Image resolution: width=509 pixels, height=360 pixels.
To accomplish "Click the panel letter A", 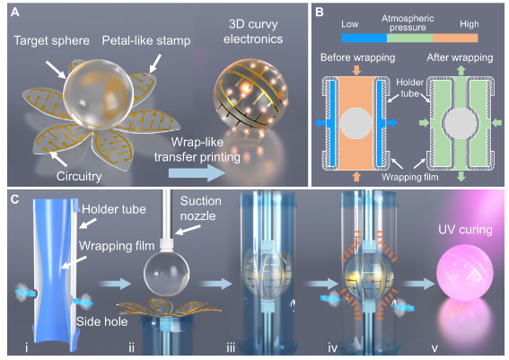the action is (15, 13).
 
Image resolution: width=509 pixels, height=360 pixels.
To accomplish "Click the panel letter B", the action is (320, 12).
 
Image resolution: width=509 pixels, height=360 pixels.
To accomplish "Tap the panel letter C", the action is (15, 199).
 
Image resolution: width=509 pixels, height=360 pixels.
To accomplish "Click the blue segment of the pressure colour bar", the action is (364, 39).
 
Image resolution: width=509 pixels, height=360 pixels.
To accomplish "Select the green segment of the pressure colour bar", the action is (409, 39).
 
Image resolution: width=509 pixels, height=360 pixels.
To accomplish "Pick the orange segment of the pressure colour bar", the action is (455, 39).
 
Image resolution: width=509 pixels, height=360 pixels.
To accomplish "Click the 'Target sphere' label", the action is (51, 41).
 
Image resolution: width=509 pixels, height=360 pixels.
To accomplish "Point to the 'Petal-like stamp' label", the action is (146, 41).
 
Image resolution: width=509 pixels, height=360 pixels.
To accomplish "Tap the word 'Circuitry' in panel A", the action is (79, 176).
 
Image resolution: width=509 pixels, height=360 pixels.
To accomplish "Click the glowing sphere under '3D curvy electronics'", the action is (250, 95).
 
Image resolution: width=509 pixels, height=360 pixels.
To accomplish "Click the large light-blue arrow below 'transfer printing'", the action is (197, 173).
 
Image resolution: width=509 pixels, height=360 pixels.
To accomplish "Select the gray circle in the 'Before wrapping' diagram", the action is (356, 124).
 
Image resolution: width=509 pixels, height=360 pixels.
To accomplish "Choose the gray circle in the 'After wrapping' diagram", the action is (461, 123).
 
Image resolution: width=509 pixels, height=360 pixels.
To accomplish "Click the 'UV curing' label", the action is (465, 230).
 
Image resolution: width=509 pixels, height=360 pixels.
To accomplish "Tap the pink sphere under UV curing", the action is (465, 272).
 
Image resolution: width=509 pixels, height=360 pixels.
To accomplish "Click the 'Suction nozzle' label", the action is (200, 208).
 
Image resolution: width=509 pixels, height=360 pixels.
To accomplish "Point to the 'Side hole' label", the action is (101, 321).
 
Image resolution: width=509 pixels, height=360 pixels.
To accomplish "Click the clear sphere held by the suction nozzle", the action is (167, 273).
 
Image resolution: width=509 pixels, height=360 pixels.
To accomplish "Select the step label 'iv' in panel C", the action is (333, 348).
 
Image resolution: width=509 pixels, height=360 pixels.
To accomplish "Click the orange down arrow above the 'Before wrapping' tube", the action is (356, 70).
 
